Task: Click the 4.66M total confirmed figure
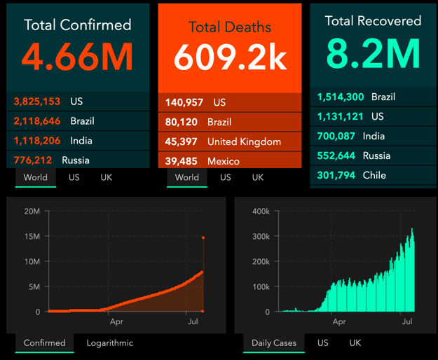pyautogui.click(x=77, y=57)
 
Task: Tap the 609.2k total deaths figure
pyautogui.click(x=230, y=57)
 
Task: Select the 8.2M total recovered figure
pyautogui.click(x=374, y=54)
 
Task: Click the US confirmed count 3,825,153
pyautogui.click(x=37, y=102)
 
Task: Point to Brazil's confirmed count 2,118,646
pyautogui.click(x=37, y=121)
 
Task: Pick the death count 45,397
pyautogui.click(x=181, y=141)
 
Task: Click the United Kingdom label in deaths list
pyautogui.click(x=244, y=141)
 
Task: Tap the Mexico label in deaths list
pyautogui.click(x=224, y=161)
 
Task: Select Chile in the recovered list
pyautogui.click(x=374, y=175)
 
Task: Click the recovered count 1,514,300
pyautogui.click(x=341, y=97)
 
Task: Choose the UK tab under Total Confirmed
pyautogui.click(x=106, y=177)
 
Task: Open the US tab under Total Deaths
pyautogui.click(x=226, y=177)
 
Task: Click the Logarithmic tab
pyautogui.click(x=110, y=343)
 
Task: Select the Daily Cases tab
pyautogui.click(x=274, y=343)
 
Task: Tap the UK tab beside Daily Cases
pyautogui.click(x=355, y=343)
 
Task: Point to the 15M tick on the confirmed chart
pyautogui.click(x=32, y=236)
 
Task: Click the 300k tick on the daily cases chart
pyautogui.click(x=261, y=236)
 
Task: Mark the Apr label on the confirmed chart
pyautogui.click(x=116, y=321)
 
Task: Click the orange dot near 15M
pyautogui.click(x=203, y=237)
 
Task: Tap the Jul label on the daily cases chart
pyautogui.click(x=407, y=321)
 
